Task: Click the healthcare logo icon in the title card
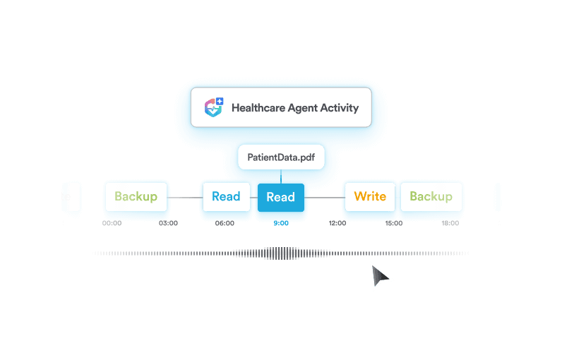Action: tap(214, 108)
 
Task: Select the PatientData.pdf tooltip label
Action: tap(280, 157)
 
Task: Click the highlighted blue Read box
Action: tap(280, 197)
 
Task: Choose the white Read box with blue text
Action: tap(226, 196)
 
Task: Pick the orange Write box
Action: tap(370, 196)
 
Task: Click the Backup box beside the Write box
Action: tap(431, 196)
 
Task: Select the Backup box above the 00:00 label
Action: tap(136, 196)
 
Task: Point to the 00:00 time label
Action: tap(112, 223)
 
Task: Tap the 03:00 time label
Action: tap(168, 223)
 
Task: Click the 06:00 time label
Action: tap(225, 223)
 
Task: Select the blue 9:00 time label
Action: tap(280, 223)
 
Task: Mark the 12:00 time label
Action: tap(337, 223)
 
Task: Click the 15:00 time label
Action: tap(393, 223)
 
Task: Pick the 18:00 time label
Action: tap(450, 223)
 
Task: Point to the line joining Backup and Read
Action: tap(185, 197)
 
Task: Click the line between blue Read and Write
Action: tap(324, 197)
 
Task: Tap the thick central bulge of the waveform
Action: tap(281, 253)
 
